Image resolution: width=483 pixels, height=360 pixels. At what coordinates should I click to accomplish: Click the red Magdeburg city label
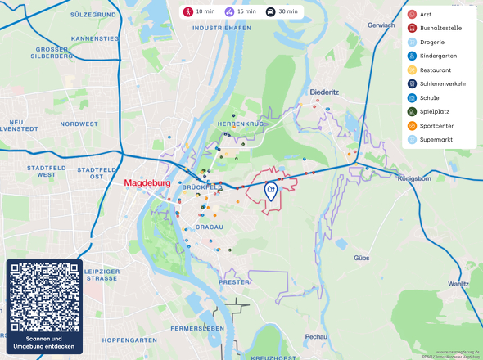click(x=151, y=183)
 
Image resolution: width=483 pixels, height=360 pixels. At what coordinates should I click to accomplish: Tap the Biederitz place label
click(x=325, y=92)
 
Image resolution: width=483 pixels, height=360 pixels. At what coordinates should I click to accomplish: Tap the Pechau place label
click(x=316, y=336)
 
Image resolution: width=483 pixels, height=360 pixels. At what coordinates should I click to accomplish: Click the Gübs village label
click(x=361, y=258)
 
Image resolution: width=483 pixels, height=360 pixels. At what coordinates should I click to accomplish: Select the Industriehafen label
click(x=221, y=28)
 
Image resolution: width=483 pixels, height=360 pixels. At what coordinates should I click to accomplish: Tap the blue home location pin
click(x=271, y=191)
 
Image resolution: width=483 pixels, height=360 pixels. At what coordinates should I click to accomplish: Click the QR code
click(x=44, y=297)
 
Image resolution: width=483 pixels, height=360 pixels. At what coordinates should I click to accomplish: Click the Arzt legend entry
click(x=426, y=14)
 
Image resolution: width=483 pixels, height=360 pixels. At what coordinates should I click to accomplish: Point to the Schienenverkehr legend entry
click(x=442, y=83)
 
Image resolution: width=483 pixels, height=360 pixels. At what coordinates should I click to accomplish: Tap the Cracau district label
click(x=210, y=227)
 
